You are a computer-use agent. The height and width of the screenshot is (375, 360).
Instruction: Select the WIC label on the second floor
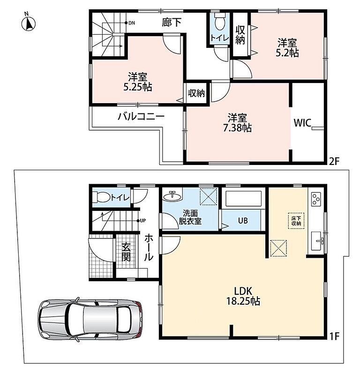point(302,123)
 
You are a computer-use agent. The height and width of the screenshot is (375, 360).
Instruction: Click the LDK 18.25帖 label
point(243,296)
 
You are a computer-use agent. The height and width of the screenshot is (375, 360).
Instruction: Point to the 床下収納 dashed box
point(296,221)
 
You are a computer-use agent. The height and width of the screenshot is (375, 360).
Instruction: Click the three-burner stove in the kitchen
point(316,199)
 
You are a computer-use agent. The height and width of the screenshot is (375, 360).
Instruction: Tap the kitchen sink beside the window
point(317,241)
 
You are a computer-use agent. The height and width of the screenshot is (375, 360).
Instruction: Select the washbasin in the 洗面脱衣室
point(172,196)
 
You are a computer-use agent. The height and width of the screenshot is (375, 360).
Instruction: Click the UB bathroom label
point(243,220)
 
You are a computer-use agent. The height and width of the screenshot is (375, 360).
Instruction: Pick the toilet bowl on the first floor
point(101,197)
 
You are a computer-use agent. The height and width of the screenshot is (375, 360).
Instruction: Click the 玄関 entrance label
point(126,252)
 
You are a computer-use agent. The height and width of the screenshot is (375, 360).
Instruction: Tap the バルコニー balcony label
point(142,117)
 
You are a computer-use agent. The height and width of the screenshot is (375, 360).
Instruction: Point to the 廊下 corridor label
point(172,22)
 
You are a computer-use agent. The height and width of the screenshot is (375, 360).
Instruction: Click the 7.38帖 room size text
point(237,128)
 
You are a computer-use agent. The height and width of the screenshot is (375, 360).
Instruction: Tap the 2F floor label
point(334,162)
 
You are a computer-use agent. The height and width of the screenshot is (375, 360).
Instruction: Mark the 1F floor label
point(334,337)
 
